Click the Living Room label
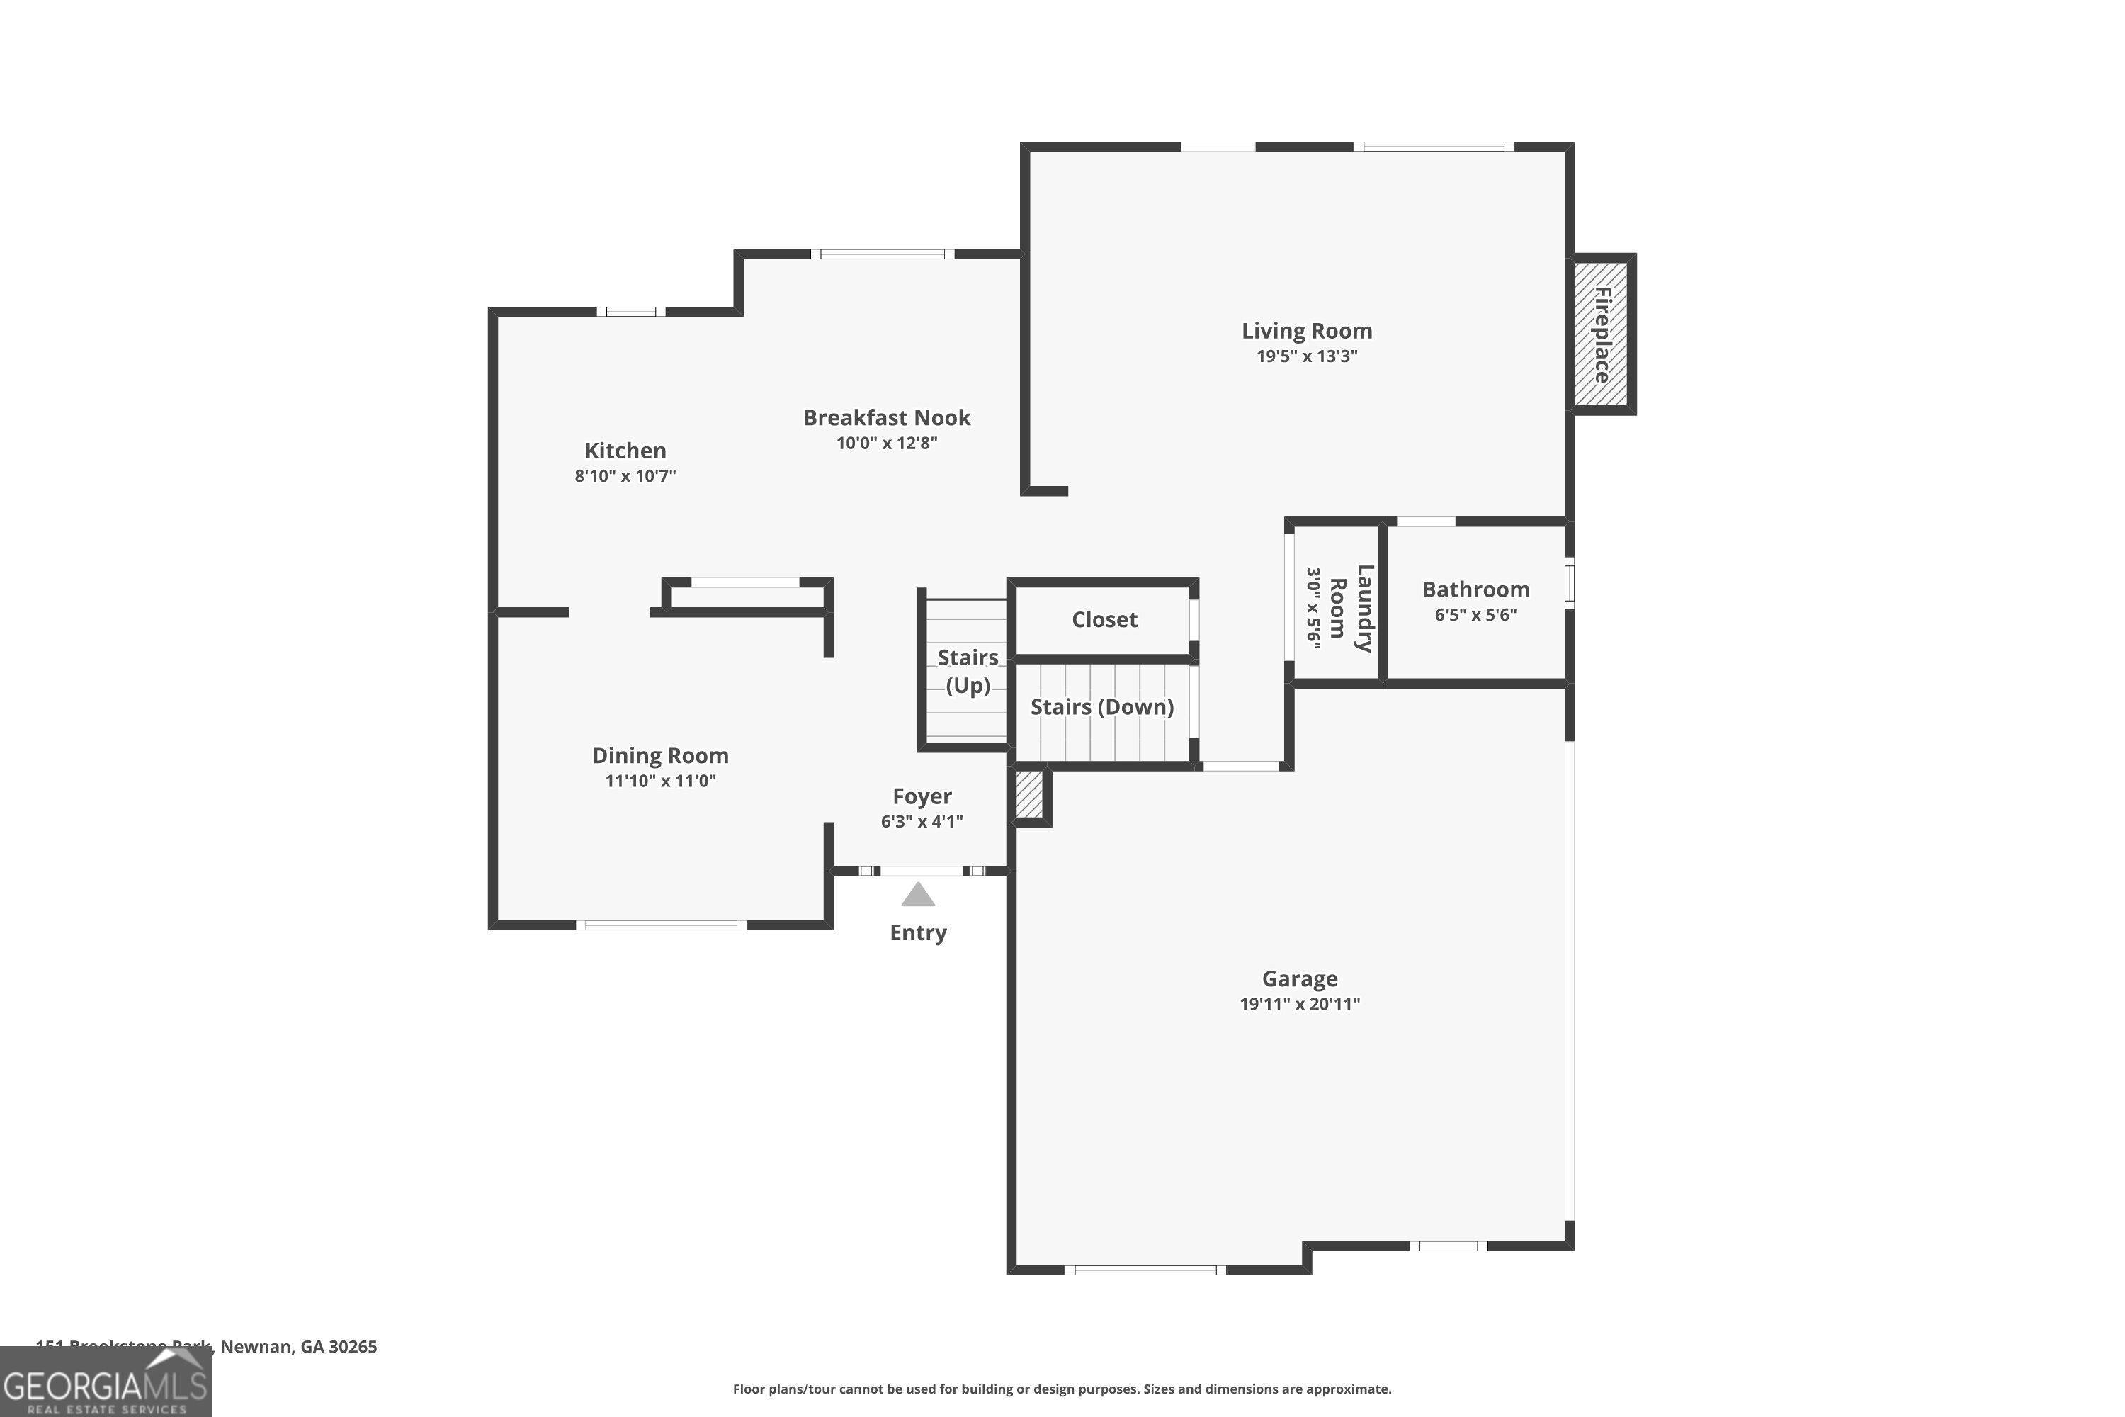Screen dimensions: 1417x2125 coord(1306,332)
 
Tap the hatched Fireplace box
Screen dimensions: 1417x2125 coord(1601,334)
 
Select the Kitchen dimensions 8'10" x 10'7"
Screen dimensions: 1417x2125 coord(625,476)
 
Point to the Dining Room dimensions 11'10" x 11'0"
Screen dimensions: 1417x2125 coord(660,781)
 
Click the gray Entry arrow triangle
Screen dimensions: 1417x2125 coord(918,896)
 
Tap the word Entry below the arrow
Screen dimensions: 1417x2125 coord(918,932)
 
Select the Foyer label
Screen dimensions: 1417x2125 coord(922,796)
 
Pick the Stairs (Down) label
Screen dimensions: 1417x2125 coord(1102,706)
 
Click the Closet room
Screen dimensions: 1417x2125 coord(1104,620)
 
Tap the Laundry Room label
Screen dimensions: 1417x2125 coord(1351,607)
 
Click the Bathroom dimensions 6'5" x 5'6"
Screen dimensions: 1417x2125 coord(1475,614)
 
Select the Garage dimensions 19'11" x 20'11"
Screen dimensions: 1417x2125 coord(1299,1004)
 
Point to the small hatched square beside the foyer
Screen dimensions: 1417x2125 coord(1030,794)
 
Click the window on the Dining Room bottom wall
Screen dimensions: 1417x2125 coord(662,925)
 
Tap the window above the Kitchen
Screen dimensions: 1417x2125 coord(630,312)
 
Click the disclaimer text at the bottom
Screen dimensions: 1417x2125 coord(1062,1389)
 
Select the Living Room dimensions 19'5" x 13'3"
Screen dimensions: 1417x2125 coord(1306,356)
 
